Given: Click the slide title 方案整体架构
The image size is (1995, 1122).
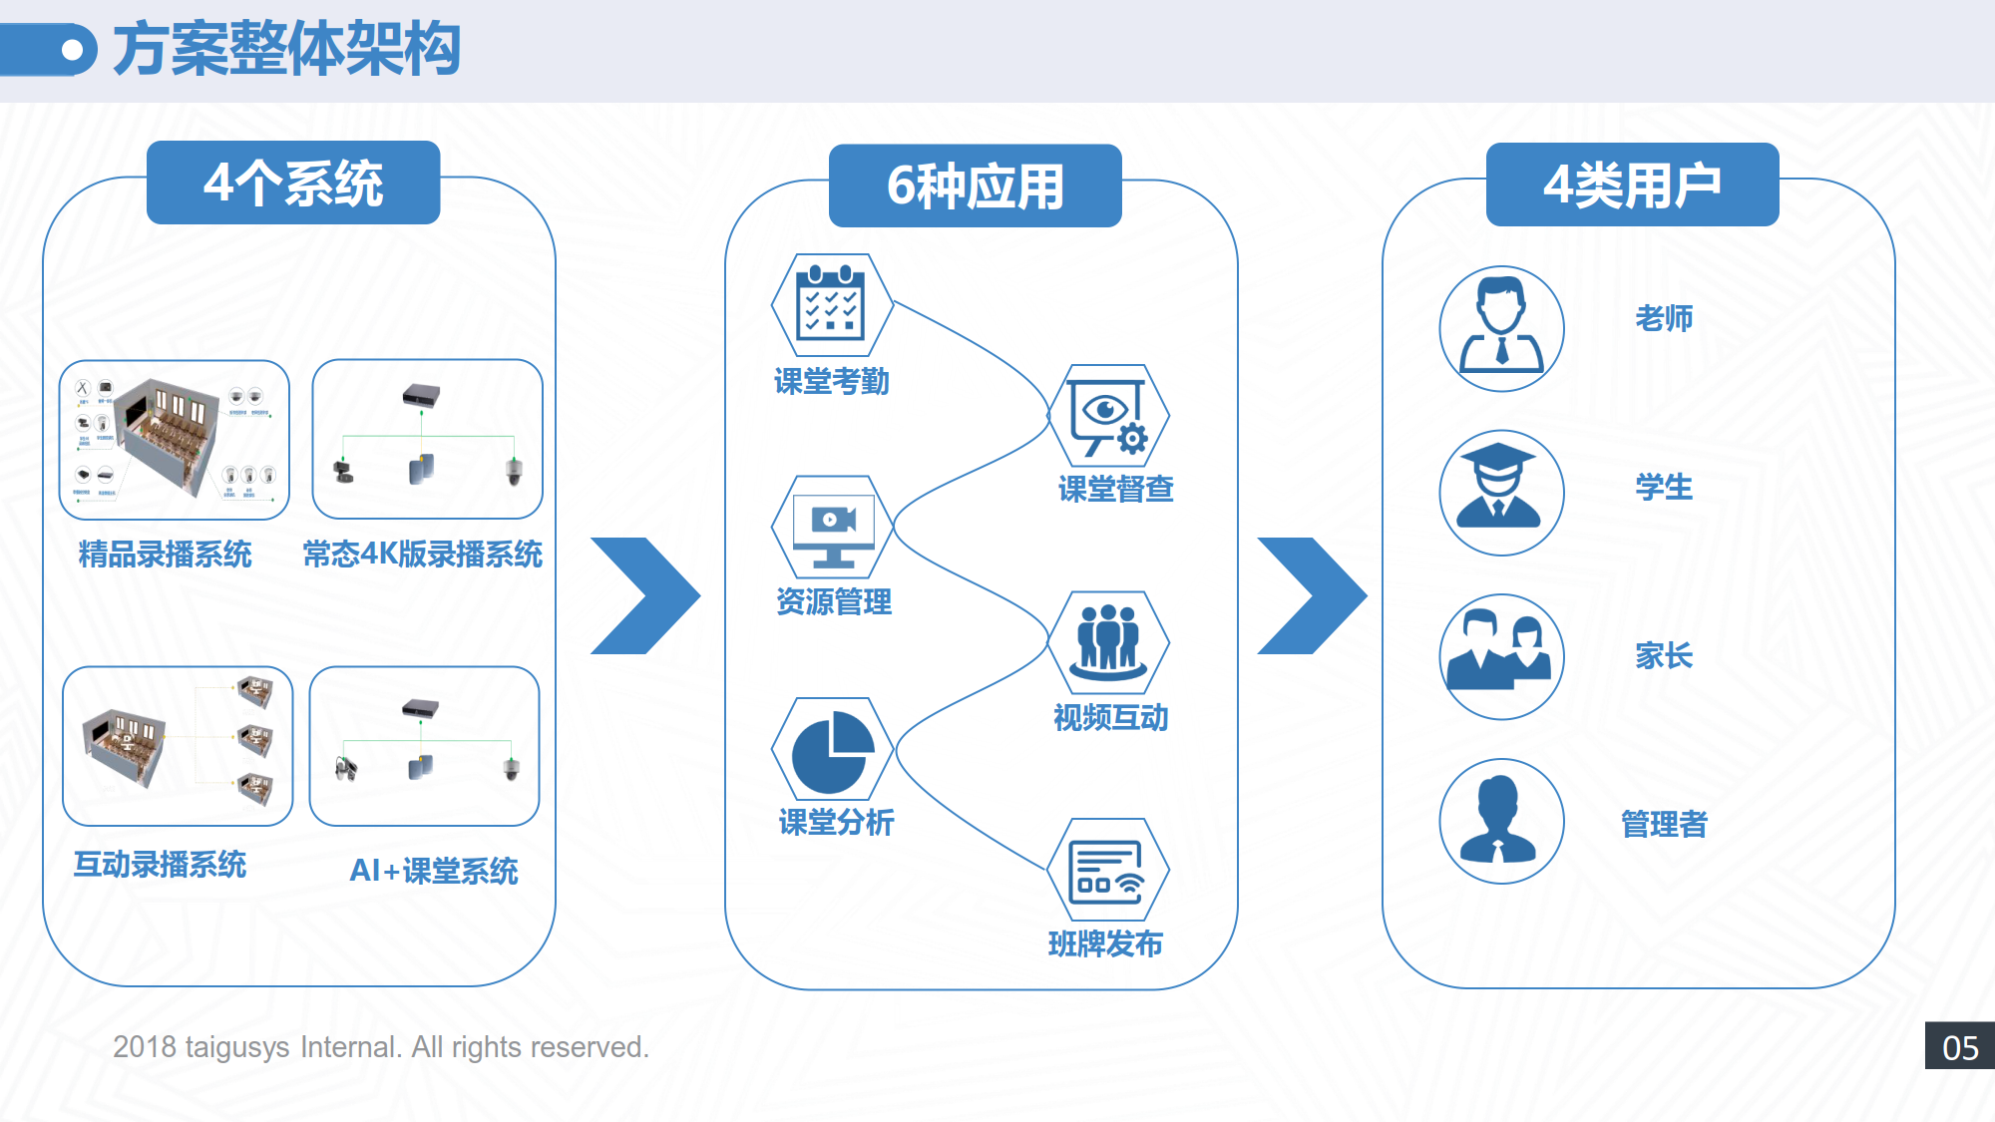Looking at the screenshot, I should point(286,49).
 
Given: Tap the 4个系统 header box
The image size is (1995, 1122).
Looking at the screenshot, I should point(293,184).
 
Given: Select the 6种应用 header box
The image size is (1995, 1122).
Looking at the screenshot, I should point(975,187).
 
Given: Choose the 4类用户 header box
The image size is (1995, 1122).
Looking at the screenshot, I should point(1632,186).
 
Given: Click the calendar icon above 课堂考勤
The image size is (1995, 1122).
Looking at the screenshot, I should point(831,305).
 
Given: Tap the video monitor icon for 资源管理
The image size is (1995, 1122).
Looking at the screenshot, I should point(833,527).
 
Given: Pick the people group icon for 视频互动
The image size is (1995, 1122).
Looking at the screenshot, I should point(1108,641).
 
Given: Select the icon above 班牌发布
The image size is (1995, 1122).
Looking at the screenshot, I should point(1107,871).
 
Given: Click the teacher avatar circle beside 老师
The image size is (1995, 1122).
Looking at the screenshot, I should point(1501,328).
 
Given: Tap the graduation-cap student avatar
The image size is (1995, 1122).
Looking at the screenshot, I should point(1501,493).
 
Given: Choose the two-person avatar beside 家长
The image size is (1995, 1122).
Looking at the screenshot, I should point(1501,656).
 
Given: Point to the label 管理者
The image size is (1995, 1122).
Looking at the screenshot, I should point(1664,825).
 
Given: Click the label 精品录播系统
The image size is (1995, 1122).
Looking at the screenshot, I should point(166,554).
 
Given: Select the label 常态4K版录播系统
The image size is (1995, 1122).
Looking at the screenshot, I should point(423,554).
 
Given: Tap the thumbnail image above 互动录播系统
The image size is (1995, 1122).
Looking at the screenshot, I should point(178,746).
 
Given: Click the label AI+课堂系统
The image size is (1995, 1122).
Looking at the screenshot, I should point(434,871).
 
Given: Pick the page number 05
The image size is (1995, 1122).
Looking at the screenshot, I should point(1960,1047).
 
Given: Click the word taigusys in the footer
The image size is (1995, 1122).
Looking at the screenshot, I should point(237,1047).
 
